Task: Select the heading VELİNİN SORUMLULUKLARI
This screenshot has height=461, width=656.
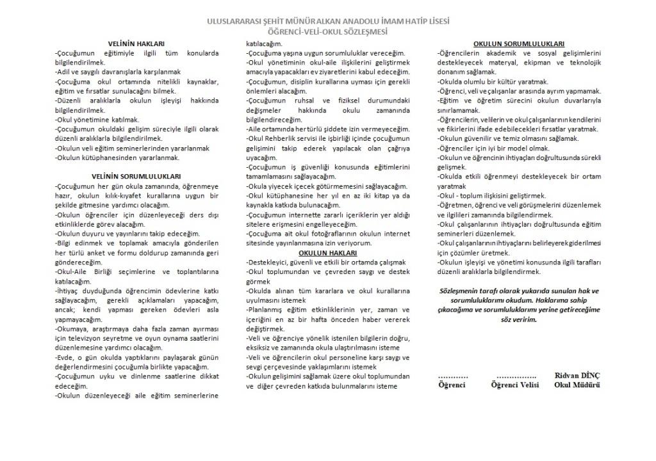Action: (136, 175)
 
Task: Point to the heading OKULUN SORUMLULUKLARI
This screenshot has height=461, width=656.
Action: (520, 43)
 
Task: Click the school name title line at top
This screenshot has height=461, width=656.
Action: (327, 21)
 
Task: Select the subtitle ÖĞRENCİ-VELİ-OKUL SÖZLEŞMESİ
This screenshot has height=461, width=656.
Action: (327, 31)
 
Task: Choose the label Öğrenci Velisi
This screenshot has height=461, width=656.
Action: (515, 385)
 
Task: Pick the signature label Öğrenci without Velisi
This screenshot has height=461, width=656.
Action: (452, 385)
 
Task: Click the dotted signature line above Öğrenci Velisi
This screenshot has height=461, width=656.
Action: (515, 376)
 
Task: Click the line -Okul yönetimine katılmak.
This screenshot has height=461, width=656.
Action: (96, 119)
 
